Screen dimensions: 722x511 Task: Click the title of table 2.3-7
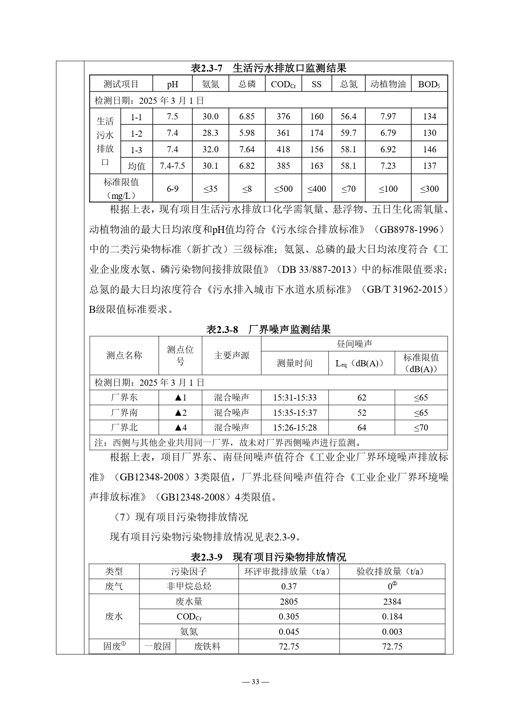[x=268, y=68]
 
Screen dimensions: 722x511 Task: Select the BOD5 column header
[x=429, y=84]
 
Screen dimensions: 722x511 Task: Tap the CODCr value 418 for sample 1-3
[x=283, y=149]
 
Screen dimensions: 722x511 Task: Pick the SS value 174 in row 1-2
[x=317, y=133]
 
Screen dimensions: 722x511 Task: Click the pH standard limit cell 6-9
[x=173, y=189]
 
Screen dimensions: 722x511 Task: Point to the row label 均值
[x=137, y=166]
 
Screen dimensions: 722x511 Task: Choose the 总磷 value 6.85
[x=247, y=116]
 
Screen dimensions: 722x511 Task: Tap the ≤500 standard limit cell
[x=283, y=189]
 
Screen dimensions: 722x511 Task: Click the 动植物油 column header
[x=388, y=84]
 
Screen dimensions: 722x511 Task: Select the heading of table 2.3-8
[x=268, y=329]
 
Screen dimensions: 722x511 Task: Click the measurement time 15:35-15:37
[x=295, y=412]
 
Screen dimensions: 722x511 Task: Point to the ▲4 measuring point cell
[x=180, y=427]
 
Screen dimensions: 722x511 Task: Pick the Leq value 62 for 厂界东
[x=362, y=398]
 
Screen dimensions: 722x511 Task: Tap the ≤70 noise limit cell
[x=421, y=427]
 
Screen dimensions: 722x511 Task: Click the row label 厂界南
[x=124, y=412]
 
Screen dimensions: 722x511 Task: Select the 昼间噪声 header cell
[x=354, y=344]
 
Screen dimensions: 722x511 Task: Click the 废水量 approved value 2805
[x=289, y=602]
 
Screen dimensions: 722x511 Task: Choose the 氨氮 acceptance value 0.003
[x=392, y=631]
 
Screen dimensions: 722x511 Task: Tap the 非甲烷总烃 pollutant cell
[x=189, y=587]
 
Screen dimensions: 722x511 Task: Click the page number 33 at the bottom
[x=255, y=682]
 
